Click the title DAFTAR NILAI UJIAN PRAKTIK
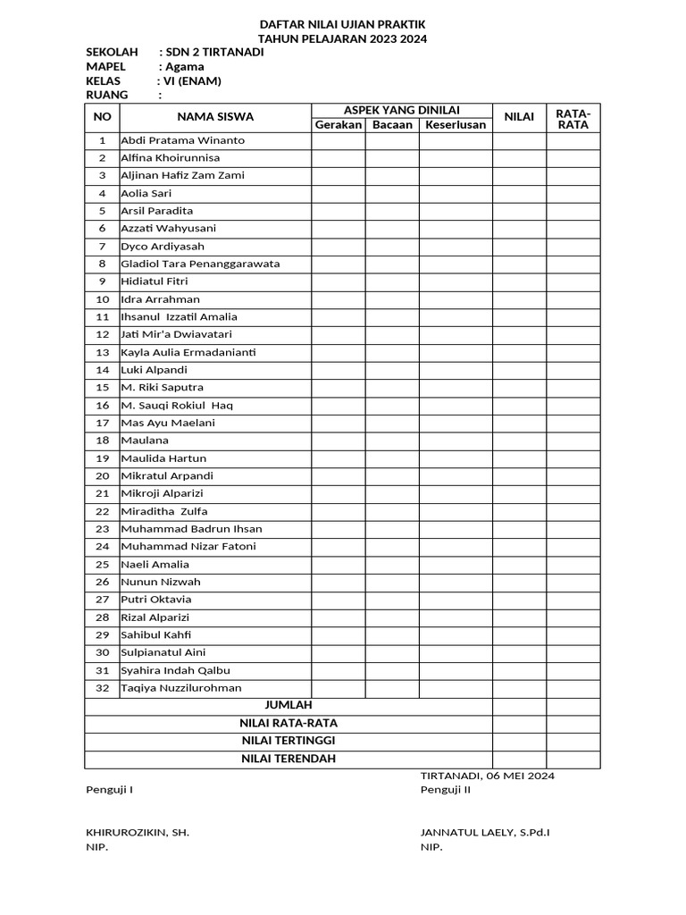[x=342, y=24]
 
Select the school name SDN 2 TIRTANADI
[x=215, y=52]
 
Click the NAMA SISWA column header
[x=215, y=116]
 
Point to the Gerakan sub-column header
[x=338, y=124]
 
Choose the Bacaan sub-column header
[x=392, y=124]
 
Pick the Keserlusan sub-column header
[x=456, y=124]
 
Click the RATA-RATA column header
[x=573, y=118]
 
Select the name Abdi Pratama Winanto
[x=183, y=140]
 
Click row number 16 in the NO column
[x=102, y=406]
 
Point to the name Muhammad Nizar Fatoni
[x=188, y=546]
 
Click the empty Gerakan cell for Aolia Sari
[x=338, y=193]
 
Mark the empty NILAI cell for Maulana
[x=519, y=441]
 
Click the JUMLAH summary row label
[x=289, y=706]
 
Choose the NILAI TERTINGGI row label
[x=289, y=741]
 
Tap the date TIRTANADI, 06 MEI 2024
[x=487, y=776]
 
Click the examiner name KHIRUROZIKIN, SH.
[x=138, y=833]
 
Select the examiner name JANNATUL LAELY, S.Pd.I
[x=485, y=833]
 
